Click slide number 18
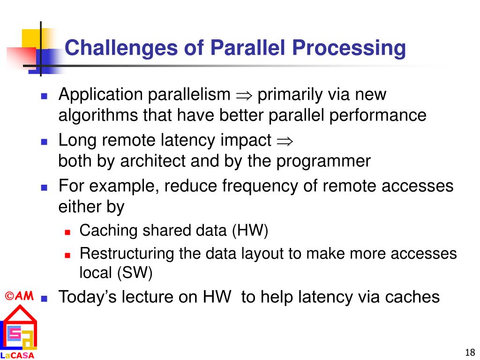pos(470,352)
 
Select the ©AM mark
pos(19,296)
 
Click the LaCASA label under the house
pos(17,355)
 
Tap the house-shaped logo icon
pos(19,328)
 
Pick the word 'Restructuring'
pos(127,254)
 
